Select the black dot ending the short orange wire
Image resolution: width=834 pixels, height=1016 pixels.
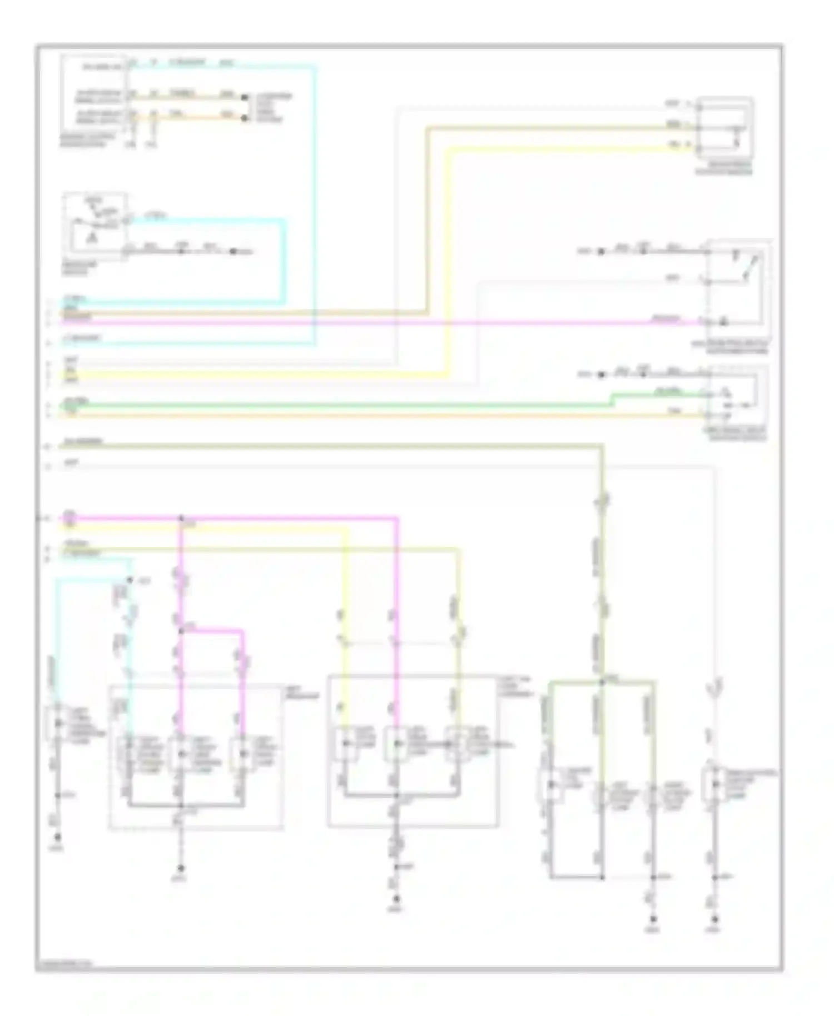244,118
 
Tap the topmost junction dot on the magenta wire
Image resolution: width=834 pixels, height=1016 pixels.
181,519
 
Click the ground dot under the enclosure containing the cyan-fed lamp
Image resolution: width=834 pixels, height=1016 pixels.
181,868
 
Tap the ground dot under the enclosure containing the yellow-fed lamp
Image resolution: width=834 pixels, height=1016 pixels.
396,898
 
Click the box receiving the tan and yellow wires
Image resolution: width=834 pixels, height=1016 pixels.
724,127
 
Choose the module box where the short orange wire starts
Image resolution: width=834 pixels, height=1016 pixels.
93,94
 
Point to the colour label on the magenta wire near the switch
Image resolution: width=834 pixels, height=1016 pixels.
666,318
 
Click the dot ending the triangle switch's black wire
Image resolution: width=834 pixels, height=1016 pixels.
233,252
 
